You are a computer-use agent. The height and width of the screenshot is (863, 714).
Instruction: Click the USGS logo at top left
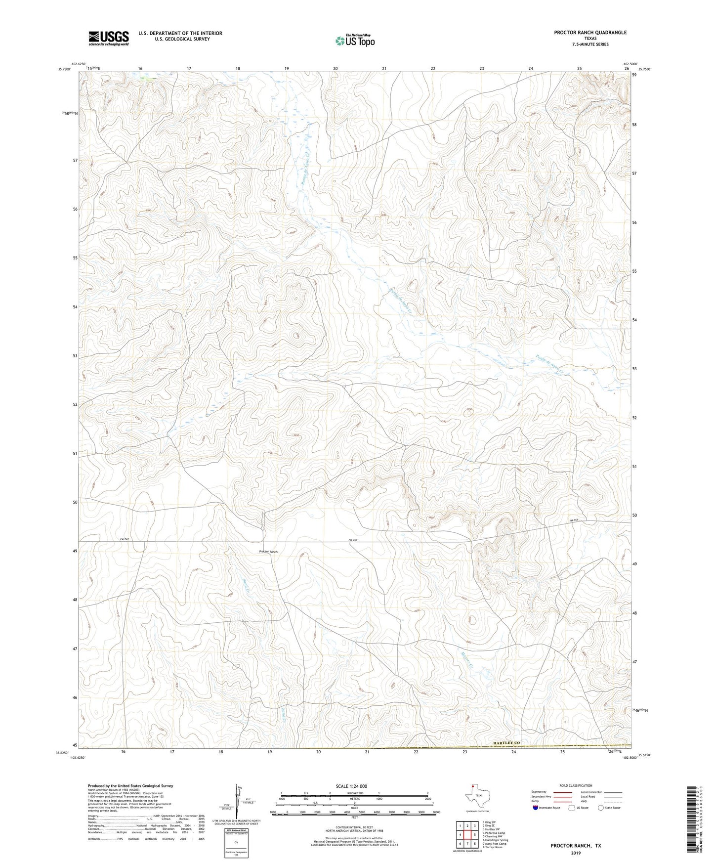tap(109, 38)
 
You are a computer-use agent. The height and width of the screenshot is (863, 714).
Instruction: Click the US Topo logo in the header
tap(355, 41)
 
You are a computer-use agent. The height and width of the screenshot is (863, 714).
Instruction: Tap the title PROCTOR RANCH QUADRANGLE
tap(590, 33)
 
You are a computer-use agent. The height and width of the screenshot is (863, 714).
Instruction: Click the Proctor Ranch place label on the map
tap(268, 552)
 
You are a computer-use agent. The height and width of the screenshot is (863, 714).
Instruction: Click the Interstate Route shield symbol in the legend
tap(536, 808)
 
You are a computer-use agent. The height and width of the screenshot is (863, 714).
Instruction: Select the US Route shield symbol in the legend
tap(572, 808)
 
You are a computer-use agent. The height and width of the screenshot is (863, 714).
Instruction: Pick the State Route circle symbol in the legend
tap(601, 808)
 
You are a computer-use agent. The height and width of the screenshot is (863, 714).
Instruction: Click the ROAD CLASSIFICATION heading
tap(576, 785)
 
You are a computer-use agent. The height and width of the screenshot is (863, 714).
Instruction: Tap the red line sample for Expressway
tap(562, 792)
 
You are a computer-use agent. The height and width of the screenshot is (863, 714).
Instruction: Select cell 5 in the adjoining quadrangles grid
tap(474, 835)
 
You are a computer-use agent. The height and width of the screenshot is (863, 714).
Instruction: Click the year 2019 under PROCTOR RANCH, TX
tap(576, 853)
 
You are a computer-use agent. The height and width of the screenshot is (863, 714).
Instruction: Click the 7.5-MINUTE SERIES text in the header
tap(590, 44)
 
